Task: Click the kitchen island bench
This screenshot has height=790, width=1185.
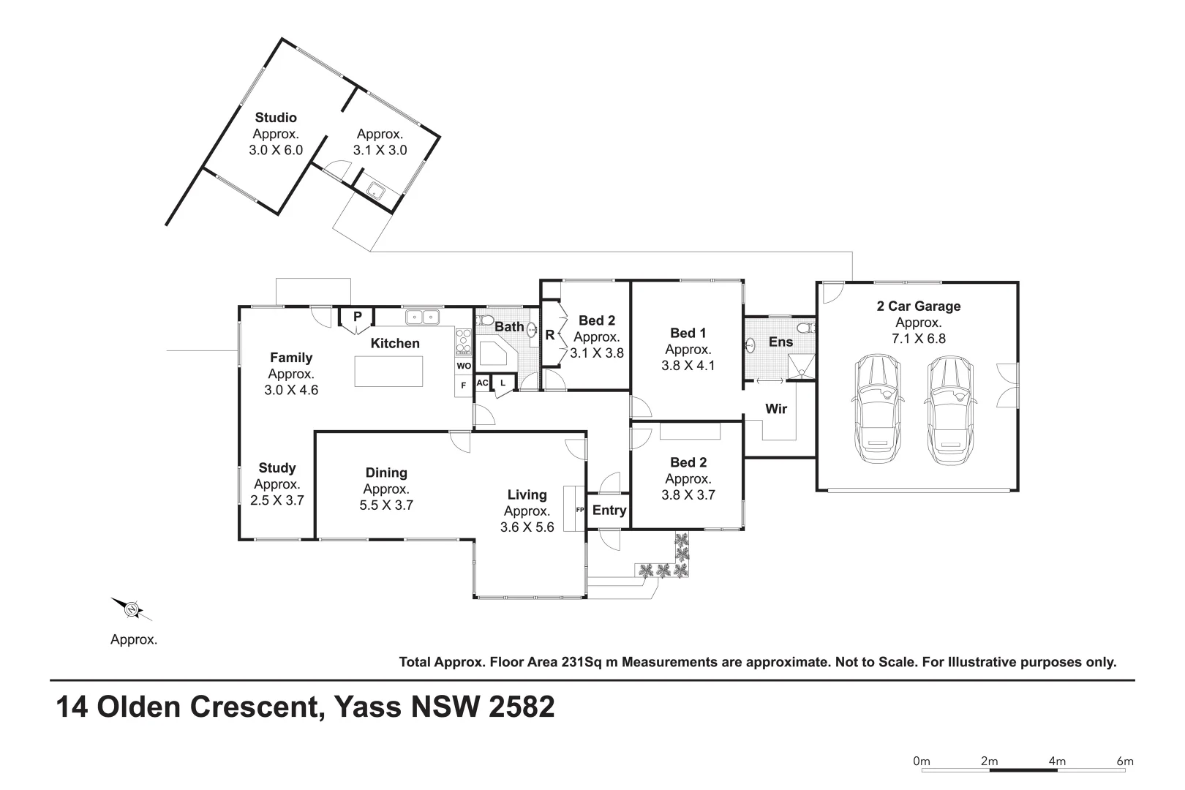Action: pyautogui.click(x=388, y=371)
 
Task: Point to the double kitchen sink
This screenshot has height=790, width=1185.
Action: pyautogui.click(x=422, y=317)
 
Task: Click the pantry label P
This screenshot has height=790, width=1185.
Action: pyautogui.click(x=357, y=317)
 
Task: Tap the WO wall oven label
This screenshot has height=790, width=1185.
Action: pyautogui.click(x=464, y=366)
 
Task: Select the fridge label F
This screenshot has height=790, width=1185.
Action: pyautogui.click(x=463, y=385)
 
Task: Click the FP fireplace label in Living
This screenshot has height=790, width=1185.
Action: pyautogui.click(x=579, y=510)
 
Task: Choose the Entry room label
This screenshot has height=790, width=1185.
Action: pyautogui.click(x=609, y=510)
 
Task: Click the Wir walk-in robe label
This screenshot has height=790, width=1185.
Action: pyautogui.click(x=775, y=409)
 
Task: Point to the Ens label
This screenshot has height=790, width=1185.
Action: pyautogui.click(x=780, y=342)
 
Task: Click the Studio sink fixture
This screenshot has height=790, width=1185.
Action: pyautogui.click(x=377, y=191)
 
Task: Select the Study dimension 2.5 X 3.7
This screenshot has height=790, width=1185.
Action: pyautogui.click(x=276, y=500)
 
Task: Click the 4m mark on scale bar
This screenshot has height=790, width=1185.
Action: pyautogui.click(x=1056, y=761)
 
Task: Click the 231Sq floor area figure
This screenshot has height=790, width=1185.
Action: pyautogui.click(x=581, y=662)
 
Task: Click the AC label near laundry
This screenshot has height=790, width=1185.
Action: pyautogui.click(x=482, y=383)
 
